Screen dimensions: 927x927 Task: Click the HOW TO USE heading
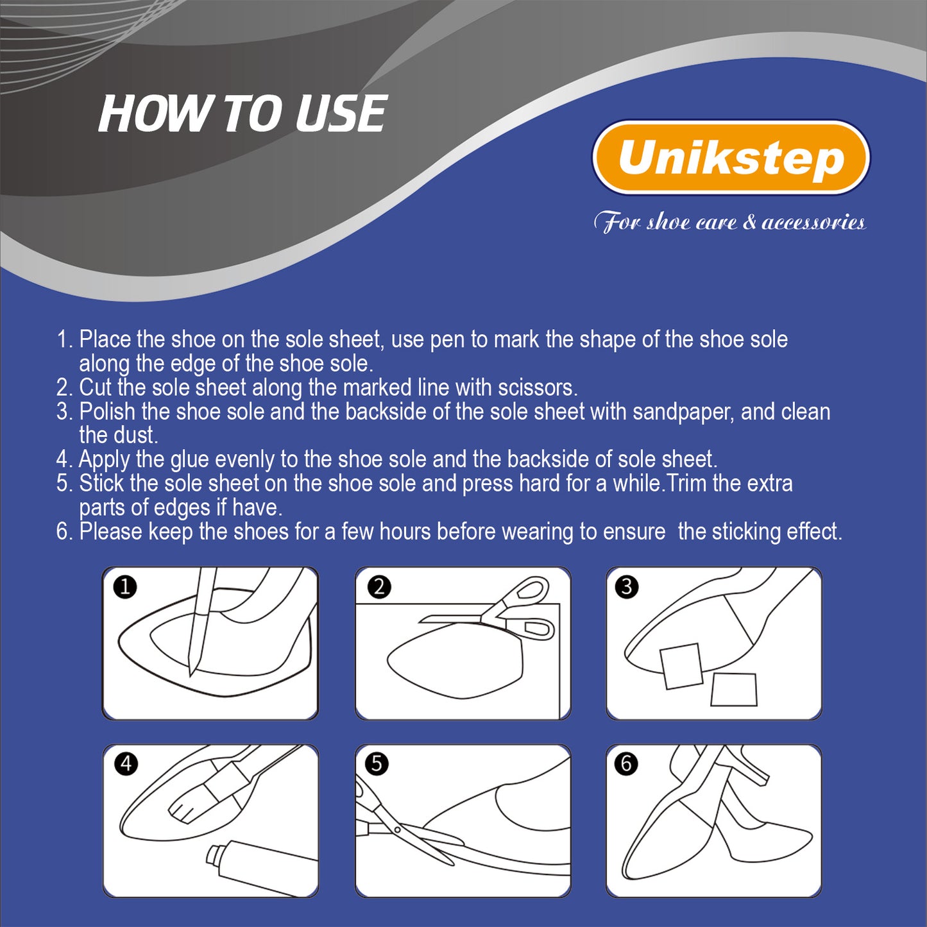242,114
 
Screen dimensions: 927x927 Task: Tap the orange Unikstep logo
731,157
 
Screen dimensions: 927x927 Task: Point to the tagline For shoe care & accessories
730,223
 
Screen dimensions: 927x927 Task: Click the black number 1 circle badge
125,588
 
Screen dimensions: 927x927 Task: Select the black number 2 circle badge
379,587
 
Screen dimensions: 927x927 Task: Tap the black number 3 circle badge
627,587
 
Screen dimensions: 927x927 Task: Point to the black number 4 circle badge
126,763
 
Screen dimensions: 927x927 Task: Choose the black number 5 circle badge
377,763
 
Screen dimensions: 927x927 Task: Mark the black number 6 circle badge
627,763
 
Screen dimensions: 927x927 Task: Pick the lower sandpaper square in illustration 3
734,690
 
